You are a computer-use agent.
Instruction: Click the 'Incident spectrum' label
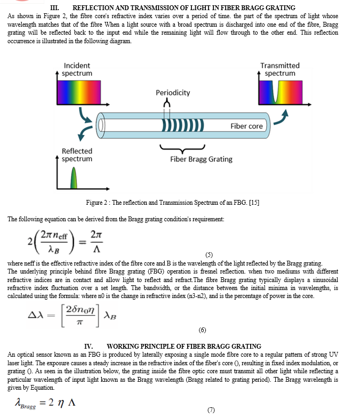pyautogui.click(x=77, y=69)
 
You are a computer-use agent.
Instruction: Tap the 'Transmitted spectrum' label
pyautogui.click(x=280, y=69)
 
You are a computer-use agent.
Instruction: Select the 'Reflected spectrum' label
pyautogui.click(x=77, y=155)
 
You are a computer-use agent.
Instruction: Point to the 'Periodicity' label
pyautogui.click(x=173, y=93)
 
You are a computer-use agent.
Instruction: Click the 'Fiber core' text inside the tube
pyautogui.click(x=246, y=126)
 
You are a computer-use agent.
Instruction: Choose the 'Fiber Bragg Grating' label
pyautogui.click(x=202, y=159)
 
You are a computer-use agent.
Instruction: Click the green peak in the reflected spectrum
pyautogui.click(x=74, y=178)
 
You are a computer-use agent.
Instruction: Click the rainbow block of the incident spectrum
pyautogui.click(x=79, y=92)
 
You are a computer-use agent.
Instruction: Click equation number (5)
pyautogui.click(x=209, y=255)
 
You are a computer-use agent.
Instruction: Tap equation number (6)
pyautogui.click(x=202, y=330)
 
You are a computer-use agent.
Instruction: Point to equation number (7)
pyautogui.click(x=211, y=409)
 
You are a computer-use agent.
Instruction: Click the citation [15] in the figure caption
pyautogui.click(x=254, y=203)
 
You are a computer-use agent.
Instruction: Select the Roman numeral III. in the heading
pyautogui.click(x=54, y=7)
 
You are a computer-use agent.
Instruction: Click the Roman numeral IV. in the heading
pyautogui.click(x=89, y=347)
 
